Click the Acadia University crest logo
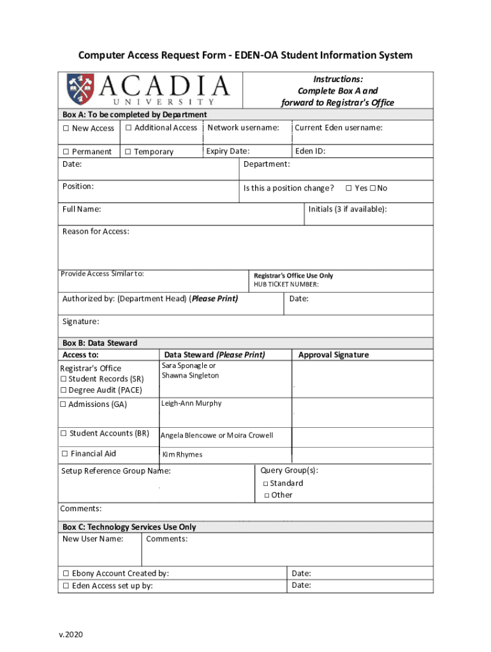pyautogui.click(x=81, y=89)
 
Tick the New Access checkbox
pyautogui.click(x=66, y=129)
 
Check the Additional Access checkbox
pyautogui.click(x=128, y=128)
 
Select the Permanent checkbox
pyautogui.click(x=66, y=152)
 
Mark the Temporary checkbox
pyautogui.click(x=128, y=152)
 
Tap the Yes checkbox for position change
pyautogui.click(x=349, y=188)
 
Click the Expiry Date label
pyautogui.click(x=228, y=152)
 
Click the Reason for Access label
pyautogui.click(x=96, y=231)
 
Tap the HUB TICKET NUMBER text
pyautogui.click(x=286, y=285)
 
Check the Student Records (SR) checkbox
pyautogui.click(x=64, y=379)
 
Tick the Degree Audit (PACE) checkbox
pyautogui.click(x=64, y=390)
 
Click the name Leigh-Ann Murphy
pyautogui.click(x=191, y=404)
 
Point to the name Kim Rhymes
pyautogui.click(x=182, y=455)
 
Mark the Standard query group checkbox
pyautogui.click(x=265, y=484)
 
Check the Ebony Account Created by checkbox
pyautogui.click(x=66, y=574)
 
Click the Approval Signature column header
pyautogui.click(x=333, y=355)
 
